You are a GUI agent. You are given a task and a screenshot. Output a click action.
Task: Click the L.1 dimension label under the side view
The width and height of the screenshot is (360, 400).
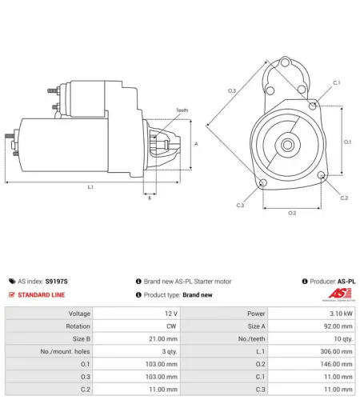point(90,187)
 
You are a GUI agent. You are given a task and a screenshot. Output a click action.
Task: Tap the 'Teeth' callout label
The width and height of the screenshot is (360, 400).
point(182,110)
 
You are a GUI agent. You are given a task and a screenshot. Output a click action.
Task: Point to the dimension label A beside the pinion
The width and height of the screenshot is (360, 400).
point(196,144)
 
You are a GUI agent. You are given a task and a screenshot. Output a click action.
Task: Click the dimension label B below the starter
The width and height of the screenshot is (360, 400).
point(150,198)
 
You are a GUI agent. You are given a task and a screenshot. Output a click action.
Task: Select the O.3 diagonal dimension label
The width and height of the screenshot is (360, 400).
point(232,90)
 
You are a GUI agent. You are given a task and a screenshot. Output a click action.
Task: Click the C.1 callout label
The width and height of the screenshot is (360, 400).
point(337,83)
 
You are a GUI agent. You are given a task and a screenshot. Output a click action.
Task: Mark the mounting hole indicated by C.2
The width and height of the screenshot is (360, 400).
point(322,175)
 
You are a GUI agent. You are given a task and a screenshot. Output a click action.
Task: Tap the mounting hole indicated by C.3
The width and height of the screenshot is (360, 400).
point(263,183)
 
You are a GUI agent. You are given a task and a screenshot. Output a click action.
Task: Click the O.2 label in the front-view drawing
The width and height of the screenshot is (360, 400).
point(292,213)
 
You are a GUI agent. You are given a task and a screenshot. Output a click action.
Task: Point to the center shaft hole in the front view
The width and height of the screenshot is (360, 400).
point(287,145)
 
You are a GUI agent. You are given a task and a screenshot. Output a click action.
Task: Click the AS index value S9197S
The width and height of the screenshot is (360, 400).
point(57,282)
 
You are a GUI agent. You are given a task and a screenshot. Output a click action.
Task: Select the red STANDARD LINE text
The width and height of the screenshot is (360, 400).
point(42,294)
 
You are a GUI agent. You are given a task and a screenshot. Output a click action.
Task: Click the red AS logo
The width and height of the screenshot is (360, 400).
point(340,294)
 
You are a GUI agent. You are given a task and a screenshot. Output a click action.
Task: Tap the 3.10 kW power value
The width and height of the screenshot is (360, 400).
point(341,314)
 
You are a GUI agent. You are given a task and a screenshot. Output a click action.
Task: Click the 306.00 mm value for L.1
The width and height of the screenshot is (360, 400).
point(336,351)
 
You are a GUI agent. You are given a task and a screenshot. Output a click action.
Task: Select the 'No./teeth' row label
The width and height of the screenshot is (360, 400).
point(251,338)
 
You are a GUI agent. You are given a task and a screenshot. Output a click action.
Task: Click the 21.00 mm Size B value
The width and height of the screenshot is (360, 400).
point(163,338)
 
